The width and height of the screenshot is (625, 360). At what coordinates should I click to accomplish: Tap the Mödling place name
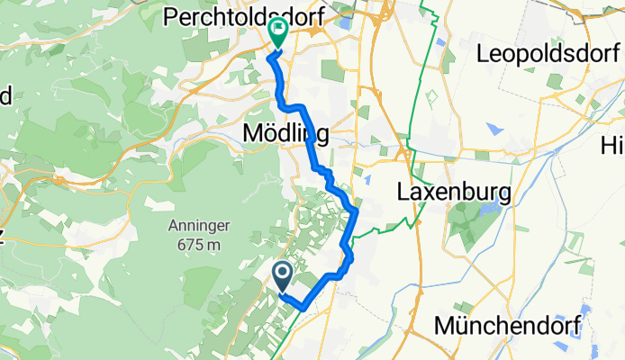click(285, 133)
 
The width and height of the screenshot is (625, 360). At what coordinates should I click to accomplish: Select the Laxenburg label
click(454, 193)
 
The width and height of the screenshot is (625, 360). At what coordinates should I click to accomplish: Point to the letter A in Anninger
click(172, 226)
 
